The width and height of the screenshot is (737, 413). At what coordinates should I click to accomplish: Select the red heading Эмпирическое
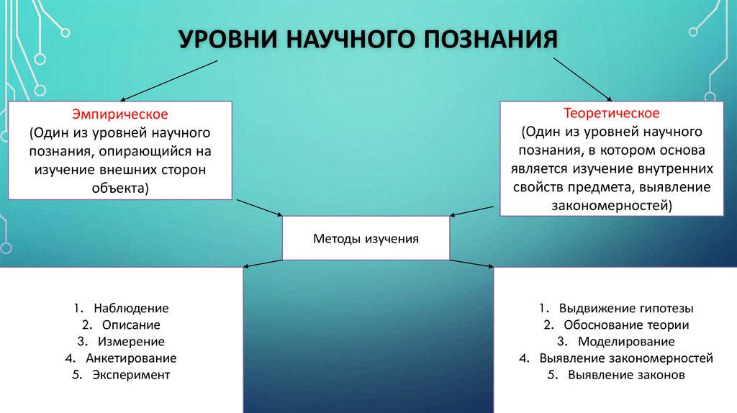pyautogui.click(x=119, y=114)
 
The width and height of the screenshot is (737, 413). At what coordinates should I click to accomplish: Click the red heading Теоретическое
pyautogui.click(x=611, y=114)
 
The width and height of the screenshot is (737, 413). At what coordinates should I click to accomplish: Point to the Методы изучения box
pyautogui.click(x=366, y=238)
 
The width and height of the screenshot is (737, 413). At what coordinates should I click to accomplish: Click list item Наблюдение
pyautogui.click(x=130, y=308)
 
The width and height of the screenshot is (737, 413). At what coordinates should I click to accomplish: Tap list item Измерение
pyautogui.click(x=131, y=341)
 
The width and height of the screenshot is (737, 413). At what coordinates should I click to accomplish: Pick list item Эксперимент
pyautogui.click(x=131, y=374)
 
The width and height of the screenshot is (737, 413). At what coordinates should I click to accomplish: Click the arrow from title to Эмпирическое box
pyautogui.click(x=169, y=81)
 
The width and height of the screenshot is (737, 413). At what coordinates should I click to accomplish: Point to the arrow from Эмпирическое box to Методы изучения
pyautogui.click(x=260, y=207)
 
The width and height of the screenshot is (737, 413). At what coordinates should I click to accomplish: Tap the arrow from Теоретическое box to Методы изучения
pyautogui.click(x=474, y=209)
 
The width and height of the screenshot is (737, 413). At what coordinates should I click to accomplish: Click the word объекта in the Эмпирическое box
pyautogui.click(x=119, y=189)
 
